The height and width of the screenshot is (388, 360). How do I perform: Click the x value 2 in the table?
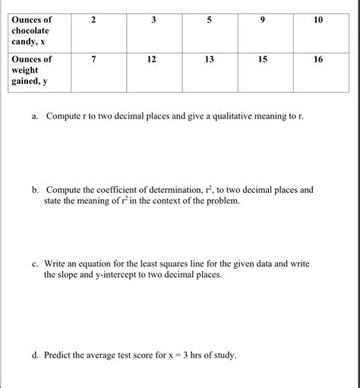93,18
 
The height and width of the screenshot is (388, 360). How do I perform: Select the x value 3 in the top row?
151,18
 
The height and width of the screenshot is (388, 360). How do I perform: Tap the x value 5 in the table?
209,18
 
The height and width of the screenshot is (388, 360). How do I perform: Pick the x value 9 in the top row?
264,18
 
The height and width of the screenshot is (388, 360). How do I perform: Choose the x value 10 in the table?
317,18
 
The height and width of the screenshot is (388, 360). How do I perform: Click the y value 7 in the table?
93,58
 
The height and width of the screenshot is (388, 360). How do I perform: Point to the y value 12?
151,58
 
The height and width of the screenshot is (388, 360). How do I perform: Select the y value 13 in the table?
209,58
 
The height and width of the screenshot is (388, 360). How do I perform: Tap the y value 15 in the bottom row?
264,58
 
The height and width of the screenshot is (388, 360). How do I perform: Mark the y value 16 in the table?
317,58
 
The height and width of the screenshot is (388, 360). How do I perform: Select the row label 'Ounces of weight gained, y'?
31,70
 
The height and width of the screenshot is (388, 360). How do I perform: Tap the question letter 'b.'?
36,190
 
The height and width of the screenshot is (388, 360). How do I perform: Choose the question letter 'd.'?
36,355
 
